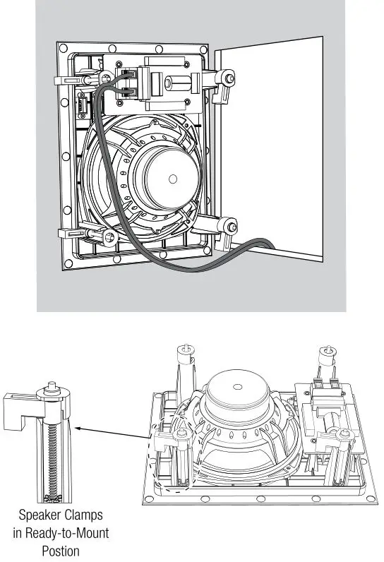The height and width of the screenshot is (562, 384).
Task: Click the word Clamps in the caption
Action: [88, 516]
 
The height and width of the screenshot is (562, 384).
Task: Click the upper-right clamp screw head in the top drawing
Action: [229, 76]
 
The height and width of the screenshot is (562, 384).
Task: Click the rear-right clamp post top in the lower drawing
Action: [327, 349]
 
